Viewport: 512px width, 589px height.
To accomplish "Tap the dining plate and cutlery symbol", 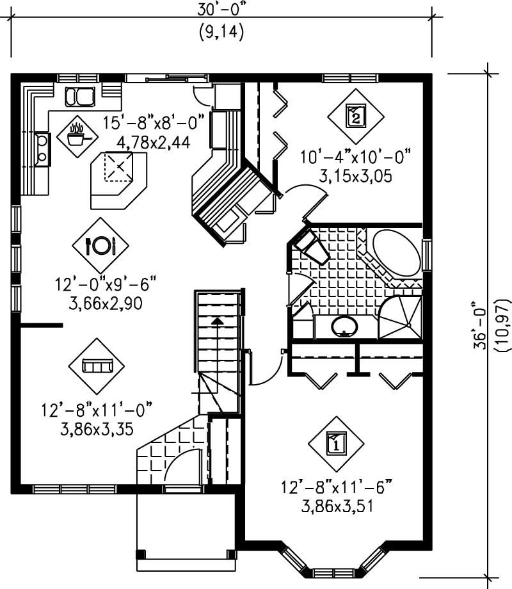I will pos(100,245).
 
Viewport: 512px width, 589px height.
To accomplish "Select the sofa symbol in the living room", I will pos(96,366).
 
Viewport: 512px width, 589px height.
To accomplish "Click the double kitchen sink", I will pos(80,97).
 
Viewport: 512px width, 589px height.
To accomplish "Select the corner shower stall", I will pos(401,318).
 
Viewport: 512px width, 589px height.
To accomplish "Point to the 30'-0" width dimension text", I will pos(221,11).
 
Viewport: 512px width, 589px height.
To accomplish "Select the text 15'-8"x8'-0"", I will pos(156,120).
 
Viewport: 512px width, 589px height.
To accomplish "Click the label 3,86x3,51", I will pos(337,506).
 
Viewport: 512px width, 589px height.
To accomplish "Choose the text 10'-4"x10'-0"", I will pos(356,156).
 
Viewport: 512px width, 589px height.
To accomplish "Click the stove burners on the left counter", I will pos(42,149).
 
